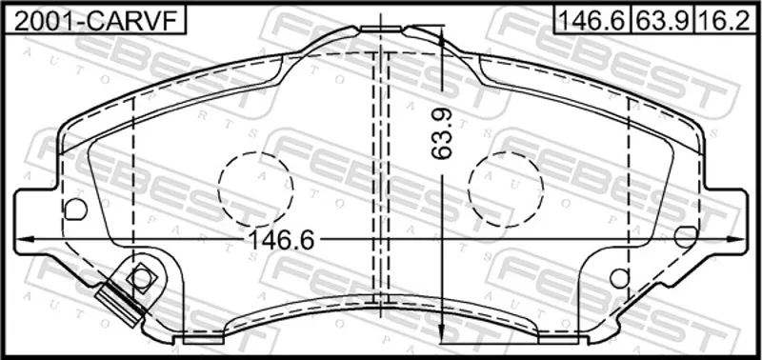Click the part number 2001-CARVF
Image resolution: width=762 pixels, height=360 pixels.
tap(94, 21)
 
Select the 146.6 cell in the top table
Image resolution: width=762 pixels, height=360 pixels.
tap(592, 21)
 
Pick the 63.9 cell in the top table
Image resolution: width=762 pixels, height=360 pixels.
tap(663, 21)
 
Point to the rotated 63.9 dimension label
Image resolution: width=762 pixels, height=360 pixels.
tap(442, 133)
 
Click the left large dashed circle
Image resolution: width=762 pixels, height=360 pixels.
tap(255, 190)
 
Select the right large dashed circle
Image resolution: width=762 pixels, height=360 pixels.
tap(506, 190)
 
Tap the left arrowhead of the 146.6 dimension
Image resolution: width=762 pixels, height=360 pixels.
tap(25, 239)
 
